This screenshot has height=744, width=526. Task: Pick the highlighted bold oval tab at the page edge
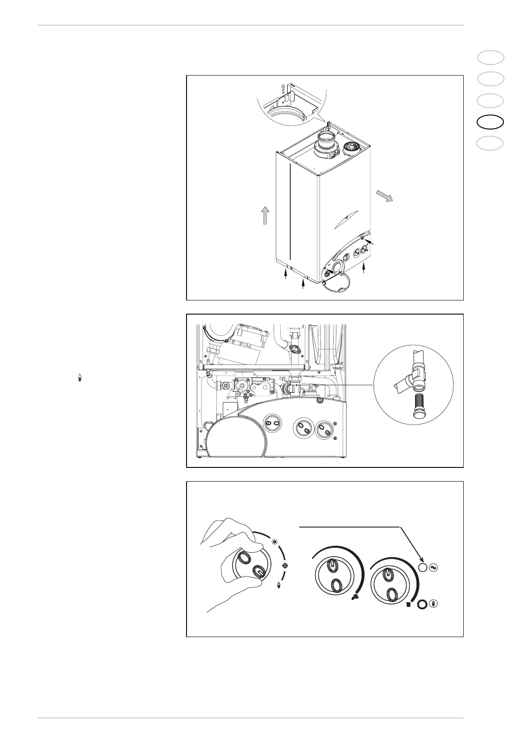491,122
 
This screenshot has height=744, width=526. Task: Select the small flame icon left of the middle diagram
80,378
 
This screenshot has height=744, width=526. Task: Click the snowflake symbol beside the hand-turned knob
285,566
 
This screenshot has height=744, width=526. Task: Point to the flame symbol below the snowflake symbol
279,585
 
